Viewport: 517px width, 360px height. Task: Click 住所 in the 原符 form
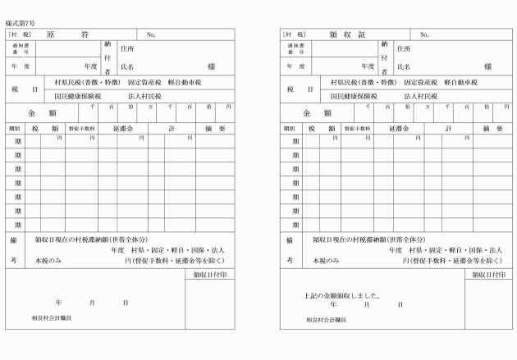click(x=127, y=48)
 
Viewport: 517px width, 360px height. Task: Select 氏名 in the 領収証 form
click(x=403, y=66)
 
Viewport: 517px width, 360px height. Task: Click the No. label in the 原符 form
click(x=151, y=35)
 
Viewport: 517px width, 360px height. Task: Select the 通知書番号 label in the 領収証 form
click(x=295, y=48)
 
